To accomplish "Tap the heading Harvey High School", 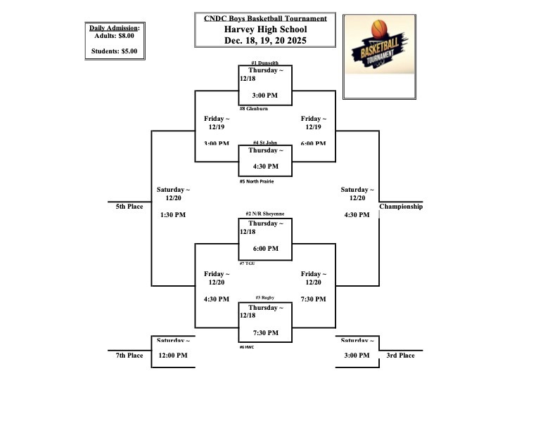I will pos(265,30).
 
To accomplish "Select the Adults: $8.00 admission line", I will pos(115,35).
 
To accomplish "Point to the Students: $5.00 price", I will pos(115,51).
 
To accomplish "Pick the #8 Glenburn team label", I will pos(253,109).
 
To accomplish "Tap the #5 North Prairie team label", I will pos(257,181).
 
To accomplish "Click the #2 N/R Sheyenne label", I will pos(265,214).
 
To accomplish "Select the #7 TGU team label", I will pos(248,263).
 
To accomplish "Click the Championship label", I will pos(401,207).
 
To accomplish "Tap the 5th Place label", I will pos(129,207).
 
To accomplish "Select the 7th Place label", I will pos(129,356).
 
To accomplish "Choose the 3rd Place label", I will pos(400,356).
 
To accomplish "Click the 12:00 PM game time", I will pos(173,356).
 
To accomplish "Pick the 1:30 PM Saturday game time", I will pos(173,214).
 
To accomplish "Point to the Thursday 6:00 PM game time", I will pos(265,249).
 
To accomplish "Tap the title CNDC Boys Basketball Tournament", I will pos(265,19).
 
